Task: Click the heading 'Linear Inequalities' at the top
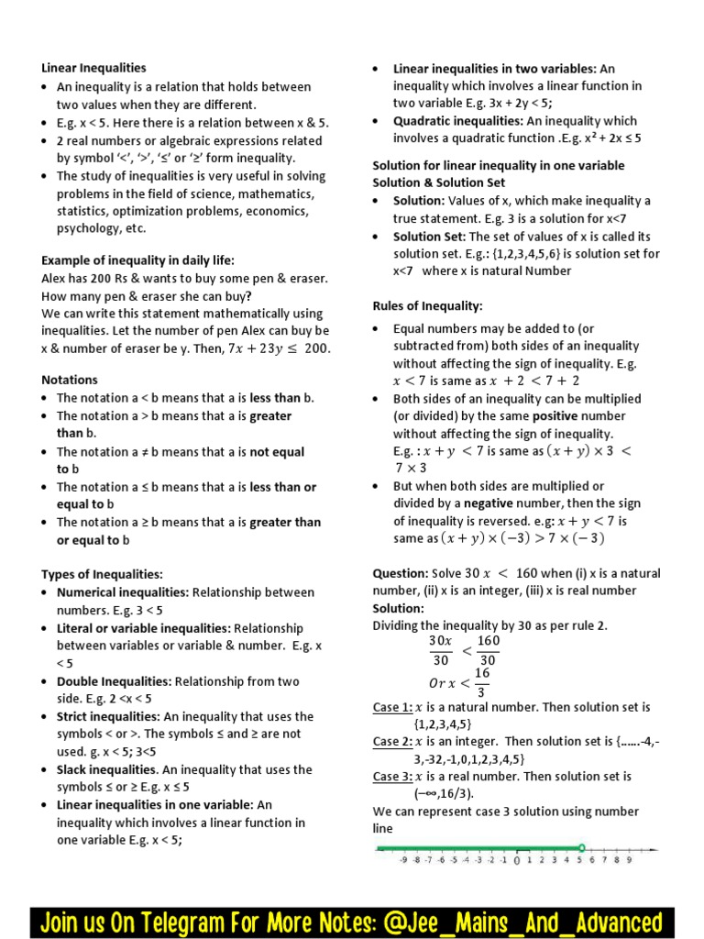[93, 68]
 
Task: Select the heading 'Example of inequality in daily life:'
[137, 260]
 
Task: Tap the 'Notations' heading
[70, 380]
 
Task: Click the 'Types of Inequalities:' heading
[102, 574]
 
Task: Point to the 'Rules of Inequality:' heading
[427, 306]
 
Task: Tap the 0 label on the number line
[517, 860]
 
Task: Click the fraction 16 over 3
[481, 682]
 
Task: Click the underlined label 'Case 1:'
[392, 707]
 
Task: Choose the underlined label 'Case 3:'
[392, 777]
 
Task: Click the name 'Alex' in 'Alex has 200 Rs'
[55, 278]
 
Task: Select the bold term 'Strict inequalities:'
[108, 716]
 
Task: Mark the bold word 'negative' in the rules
[489, 503]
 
